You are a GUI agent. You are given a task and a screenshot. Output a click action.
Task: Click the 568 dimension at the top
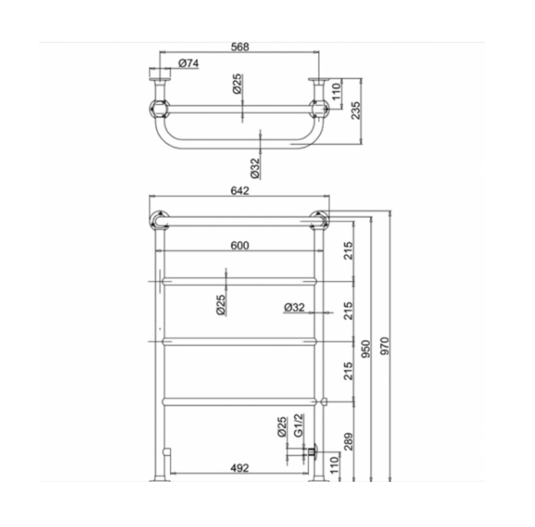[x=240, y=46]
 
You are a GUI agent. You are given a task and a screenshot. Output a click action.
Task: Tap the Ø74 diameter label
[x=189, y=63]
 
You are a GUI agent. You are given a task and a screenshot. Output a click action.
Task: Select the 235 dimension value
[x=355, y=110]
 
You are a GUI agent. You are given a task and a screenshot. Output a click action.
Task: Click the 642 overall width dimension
[x=240, y=190]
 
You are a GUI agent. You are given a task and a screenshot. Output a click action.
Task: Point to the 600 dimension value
[x=240, y=246]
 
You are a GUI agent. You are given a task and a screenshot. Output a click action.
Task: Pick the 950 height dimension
[x=366, y=348]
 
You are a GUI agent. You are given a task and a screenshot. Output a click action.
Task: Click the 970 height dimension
[x=384, y=346]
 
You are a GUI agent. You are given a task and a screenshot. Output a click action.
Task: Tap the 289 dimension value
[x=348, y=442]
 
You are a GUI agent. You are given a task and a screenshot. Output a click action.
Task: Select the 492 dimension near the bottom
[x=240, y=468]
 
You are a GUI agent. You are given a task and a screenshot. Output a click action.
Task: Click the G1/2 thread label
[x=299, y=425]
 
